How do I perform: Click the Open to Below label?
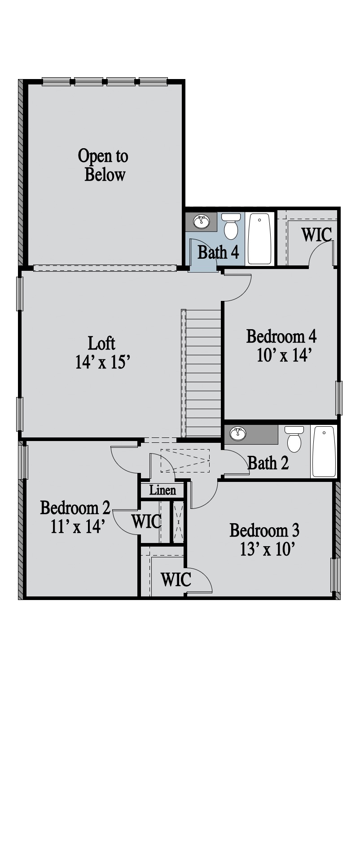click(103, 165)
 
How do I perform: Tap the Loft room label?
click(101, 344)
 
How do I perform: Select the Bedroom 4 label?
click(281, 336)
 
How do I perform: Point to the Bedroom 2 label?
click(75, 508)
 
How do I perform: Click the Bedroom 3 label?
click(264, 530)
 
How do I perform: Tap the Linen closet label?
click(162, 490)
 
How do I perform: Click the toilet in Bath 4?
click(231, 226)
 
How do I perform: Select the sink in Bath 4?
click(202, 221)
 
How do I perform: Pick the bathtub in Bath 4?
click(259, 238)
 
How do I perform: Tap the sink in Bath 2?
click(238, 434)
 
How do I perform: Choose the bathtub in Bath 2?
click(324, 451)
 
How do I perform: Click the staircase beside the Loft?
click(202, 373)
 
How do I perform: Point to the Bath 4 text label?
click(218, 252)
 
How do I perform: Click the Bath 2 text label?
click(268, 463)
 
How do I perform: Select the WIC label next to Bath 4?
click(316, 234)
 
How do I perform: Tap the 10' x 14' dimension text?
click(284, 355)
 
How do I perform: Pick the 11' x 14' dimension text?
click(78, 526)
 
